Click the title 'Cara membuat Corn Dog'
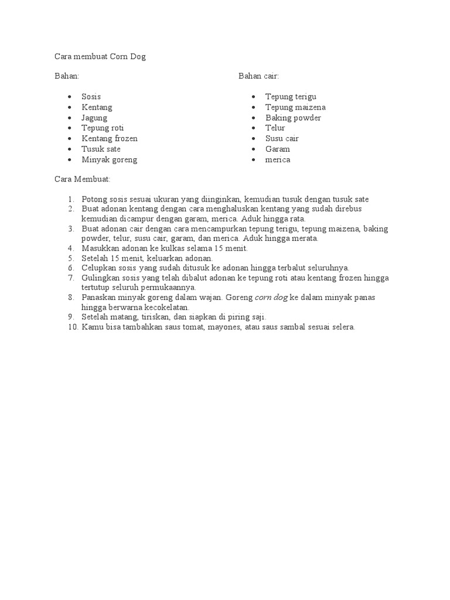(x=99, y=56)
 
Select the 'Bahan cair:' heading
(x=258, y=76)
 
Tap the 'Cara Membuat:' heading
(x=82, y=179)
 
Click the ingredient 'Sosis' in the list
(x=91, y=97)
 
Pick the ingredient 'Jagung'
(x=94, y=118)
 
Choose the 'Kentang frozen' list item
(x=110, y=139)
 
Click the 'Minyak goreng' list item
(x=109, y=160)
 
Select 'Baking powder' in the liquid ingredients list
(x=293, y=118)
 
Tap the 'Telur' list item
(x=275, y=128)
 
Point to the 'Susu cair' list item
(x=282, y=139)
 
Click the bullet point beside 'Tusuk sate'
(x=69, y=149)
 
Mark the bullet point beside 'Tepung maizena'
(x=253, y=107)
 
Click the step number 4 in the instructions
(x=71, y=248)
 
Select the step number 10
(x=71, y=327)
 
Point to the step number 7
(x=71, y=278)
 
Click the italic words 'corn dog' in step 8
(x=271, y=298)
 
